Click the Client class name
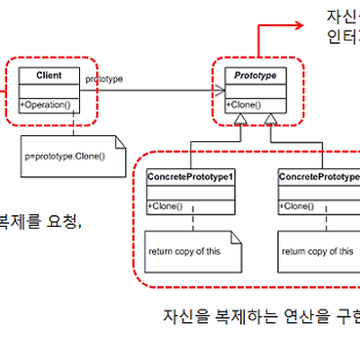click(x=49, y=76)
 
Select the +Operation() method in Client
click(x=44, y=105)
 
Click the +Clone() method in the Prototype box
click(x=245, y=105)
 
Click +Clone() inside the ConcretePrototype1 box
click(x=166, y=207)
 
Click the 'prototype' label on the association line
click(x=104, y=80)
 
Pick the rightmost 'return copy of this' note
click(x=317, y=251)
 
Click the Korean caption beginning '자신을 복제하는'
click(x=261, y=316)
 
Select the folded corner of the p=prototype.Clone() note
click(x=119, y=140)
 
